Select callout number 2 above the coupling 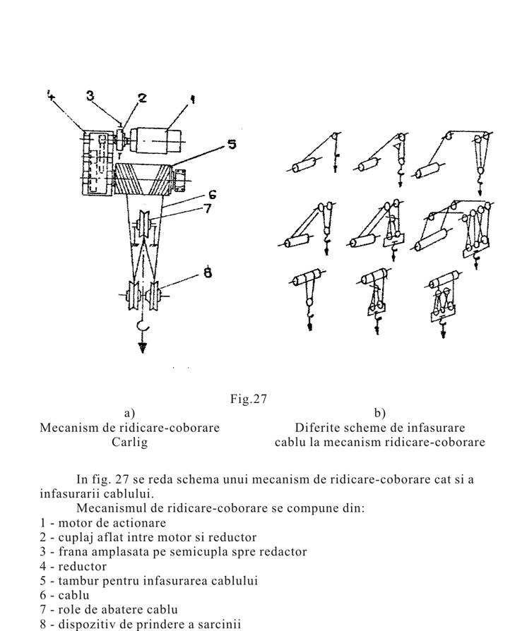coord(143,98)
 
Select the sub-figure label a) coord(129,413)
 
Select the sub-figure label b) coord(379,413)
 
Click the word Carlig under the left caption coord(129,443)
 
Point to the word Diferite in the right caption coord(318,428)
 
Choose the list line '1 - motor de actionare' coord(103,523)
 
